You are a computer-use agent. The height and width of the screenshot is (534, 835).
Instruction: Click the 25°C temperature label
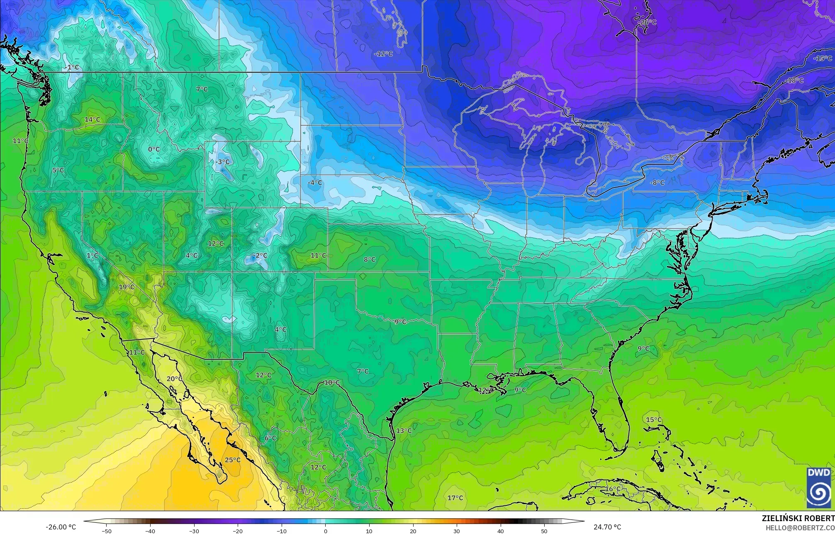(233, 460)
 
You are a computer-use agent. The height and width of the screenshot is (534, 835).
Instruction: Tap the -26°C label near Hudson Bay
(648, 22)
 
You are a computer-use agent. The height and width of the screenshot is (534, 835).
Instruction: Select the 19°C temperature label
(127, 287)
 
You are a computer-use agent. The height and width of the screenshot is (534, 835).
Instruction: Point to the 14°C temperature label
(93, 119)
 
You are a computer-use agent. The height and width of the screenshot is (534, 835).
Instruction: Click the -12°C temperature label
(383, 54)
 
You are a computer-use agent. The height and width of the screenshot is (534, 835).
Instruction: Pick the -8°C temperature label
(657, 183)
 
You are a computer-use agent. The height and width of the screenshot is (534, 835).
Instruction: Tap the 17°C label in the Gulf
(455, 497)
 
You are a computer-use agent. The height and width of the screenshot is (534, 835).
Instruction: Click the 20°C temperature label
(175, 378)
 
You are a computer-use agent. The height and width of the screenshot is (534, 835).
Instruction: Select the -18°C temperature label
(795, 80)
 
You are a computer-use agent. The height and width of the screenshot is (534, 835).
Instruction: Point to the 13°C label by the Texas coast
(404, 431)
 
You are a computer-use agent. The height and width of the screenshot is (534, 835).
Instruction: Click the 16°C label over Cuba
(613, 489)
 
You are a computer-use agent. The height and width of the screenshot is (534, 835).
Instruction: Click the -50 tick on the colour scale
(107, 531)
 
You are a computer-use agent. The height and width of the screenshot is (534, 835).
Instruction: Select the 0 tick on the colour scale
(326, 531)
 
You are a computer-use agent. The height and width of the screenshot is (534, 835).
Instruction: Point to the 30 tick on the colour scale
(456, 531)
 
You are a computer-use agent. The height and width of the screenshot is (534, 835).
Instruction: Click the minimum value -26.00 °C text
(61, 527)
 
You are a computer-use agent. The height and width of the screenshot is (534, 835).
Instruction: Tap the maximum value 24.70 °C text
(607, 527)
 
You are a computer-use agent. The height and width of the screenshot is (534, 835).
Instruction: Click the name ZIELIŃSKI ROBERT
(798, 518)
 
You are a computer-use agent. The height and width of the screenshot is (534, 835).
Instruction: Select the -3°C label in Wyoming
(222, 162)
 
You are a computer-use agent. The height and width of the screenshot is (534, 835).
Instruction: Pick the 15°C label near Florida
(654, 420)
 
